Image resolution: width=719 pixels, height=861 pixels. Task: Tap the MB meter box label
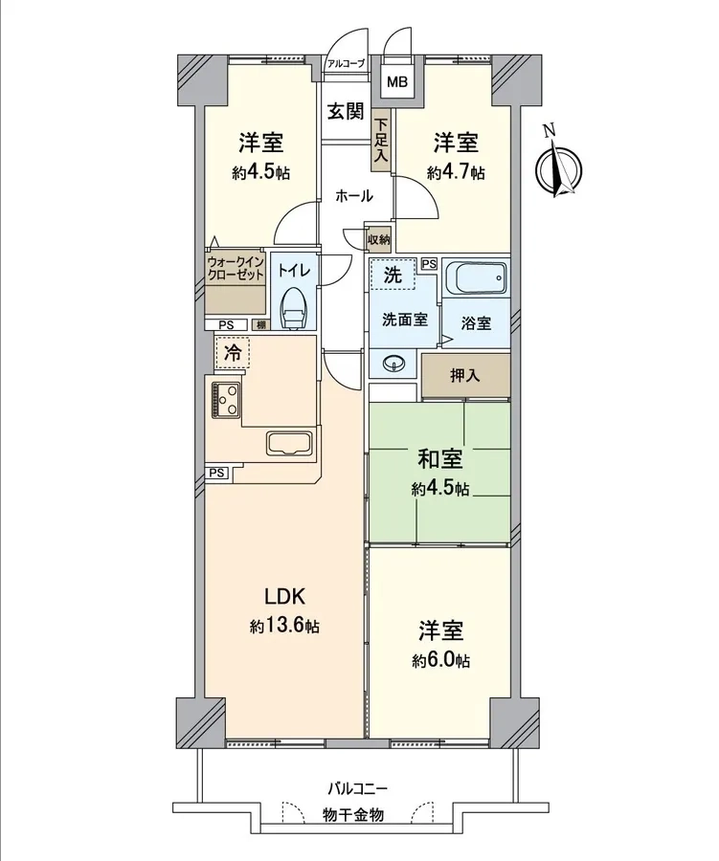coord(397,82)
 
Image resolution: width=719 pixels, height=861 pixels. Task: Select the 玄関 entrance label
coord(347,112)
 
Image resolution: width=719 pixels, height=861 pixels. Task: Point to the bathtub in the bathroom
coord(476,277)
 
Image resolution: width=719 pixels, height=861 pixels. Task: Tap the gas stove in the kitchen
coord(225,399)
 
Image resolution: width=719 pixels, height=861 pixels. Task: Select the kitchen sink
coord(289,443)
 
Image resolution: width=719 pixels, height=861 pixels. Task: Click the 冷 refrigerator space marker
coord(233,353)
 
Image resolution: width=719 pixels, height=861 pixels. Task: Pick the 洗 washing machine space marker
coord(392,274)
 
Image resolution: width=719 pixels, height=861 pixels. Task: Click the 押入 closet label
coord(465,376)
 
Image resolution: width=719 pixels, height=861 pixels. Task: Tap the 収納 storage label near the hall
coord(379,239)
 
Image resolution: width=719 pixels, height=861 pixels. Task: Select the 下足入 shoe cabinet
coord(381,141)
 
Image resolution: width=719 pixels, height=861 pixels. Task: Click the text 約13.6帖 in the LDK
coord(284,626)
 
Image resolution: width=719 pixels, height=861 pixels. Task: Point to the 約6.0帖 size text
coord(441,660)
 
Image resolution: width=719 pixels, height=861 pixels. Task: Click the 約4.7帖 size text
coord(457,173)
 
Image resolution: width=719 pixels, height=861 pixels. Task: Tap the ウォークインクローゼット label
coord(236,268)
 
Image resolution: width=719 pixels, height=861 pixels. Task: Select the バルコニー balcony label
coord(358,789)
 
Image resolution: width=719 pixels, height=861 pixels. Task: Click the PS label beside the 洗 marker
coord(429,264)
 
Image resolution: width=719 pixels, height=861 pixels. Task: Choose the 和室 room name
coord(440,459)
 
